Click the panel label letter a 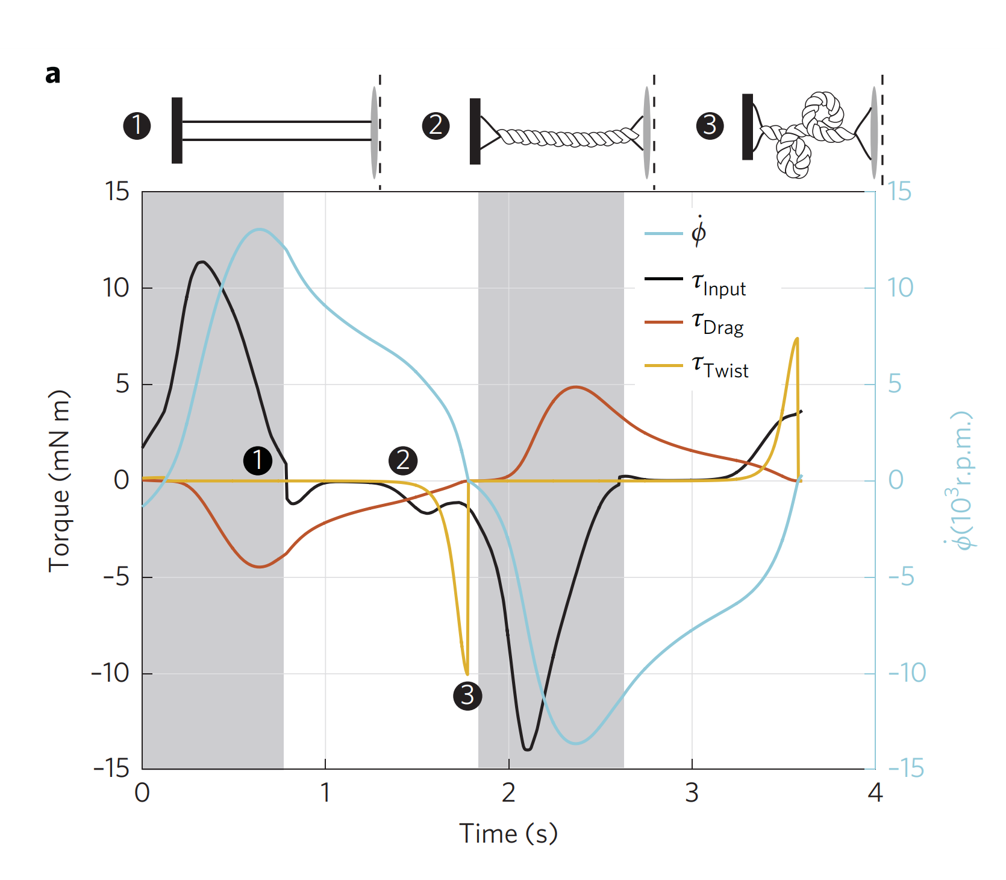(53, 75)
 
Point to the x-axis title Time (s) (508, 834)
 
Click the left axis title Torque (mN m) (59, 481)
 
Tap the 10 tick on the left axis (116, 288)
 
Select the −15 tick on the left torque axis (112, 768)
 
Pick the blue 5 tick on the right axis (895, 384)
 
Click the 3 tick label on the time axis (692, 793)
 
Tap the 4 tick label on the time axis (875, 793)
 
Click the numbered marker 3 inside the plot (467, 696)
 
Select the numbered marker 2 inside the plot (403, 460)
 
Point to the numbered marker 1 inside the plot (258, 460)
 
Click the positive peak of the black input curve (202, 262)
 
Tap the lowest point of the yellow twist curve (467, 674)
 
